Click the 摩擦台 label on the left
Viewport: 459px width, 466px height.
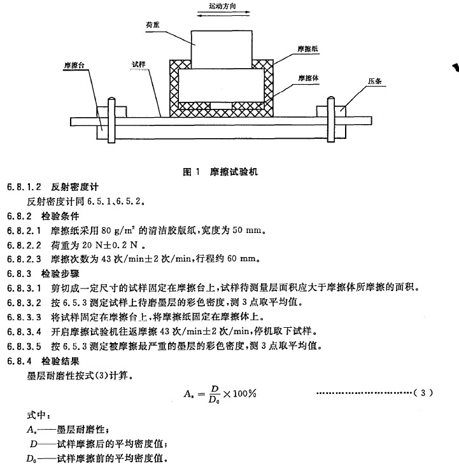click(74, 65)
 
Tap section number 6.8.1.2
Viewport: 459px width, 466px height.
click(24, 188)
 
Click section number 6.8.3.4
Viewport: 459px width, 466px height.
click(24, 332)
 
